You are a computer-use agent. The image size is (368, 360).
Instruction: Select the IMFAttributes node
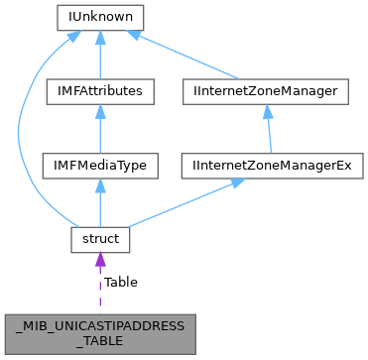click(100, 91)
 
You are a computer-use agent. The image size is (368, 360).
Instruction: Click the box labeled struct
click(100, 239)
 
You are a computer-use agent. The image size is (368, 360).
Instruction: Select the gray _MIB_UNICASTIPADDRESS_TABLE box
click(100, 331)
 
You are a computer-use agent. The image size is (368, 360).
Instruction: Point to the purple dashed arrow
click(100, 288)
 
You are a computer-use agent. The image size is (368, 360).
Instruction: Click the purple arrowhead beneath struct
click(100, 262)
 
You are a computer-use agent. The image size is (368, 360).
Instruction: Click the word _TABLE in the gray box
click(100, 339)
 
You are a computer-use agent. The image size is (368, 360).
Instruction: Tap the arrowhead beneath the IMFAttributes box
click(100, 112)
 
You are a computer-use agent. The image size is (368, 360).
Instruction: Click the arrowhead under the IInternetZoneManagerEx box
click(234, 185)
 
